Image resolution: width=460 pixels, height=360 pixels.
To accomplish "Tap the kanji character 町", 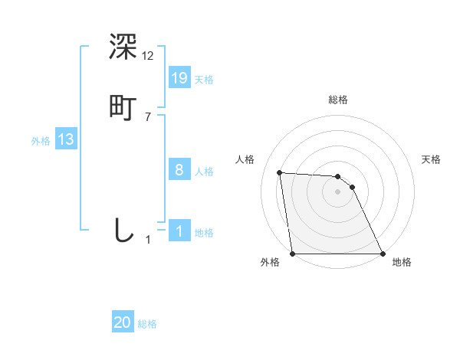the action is [123, 106].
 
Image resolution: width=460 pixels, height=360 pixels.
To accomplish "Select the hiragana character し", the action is [123, 229].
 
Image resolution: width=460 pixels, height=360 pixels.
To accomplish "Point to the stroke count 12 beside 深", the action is [148, 55].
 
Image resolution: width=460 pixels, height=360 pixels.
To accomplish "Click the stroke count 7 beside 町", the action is [148, 116].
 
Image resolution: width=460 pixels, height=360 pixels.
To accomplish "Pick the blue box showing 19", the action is [179, 77].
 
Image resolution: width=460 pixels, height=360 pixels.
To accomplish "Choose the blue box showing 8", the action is [179, 170].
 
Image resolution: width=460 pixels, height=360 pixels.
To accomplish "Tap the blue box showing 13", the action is [66, 139].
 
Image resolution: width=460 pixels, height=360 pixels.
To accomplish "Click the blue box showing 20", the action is [123, 322].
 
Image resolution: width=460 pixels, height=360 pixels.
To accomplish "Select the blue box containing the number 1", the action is [179, 231].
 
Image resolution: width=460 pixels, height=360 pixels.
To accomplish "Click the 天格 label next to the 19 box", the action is [204, 79].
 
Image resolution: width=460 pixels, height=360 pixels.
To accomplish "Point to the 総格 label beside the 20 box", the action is [147, 324].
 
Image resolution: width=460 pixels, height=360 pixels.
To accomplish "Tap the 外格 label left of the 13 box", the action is [40, 141].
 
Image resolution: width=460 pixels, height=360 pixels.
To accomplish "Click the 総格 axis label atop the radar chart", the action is [338, 100].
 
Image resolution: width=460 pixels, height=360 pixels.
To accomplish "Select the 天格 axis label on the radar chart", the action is [432, 159].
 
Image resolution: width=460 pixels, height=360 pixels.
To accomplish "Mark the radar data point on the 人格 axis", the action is [280, 172].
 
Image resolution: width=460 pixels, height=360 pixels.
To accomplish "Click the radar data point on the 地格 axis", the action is [383, 253].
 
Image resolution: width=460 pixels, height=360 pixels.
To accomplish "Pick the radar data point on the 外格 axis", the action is [293, 253].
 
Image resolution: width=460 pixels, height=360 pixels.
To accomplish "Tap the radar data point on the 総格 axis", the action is [338, 176].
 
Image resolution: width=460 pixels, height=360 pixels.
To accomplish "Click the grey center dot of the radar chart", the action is [338, 191].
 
